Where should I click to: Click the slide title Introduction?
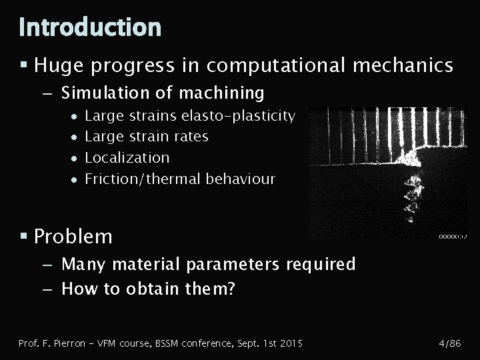click(90, 27)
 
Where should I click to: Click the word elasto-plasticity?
click(238, 116)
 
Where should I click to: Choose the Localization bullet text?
click(127, 158)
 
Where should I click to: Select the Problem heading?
click(73, 237)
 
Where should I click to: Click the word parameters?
click(233, 265)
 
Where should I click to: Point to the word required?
click(320, 265)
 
